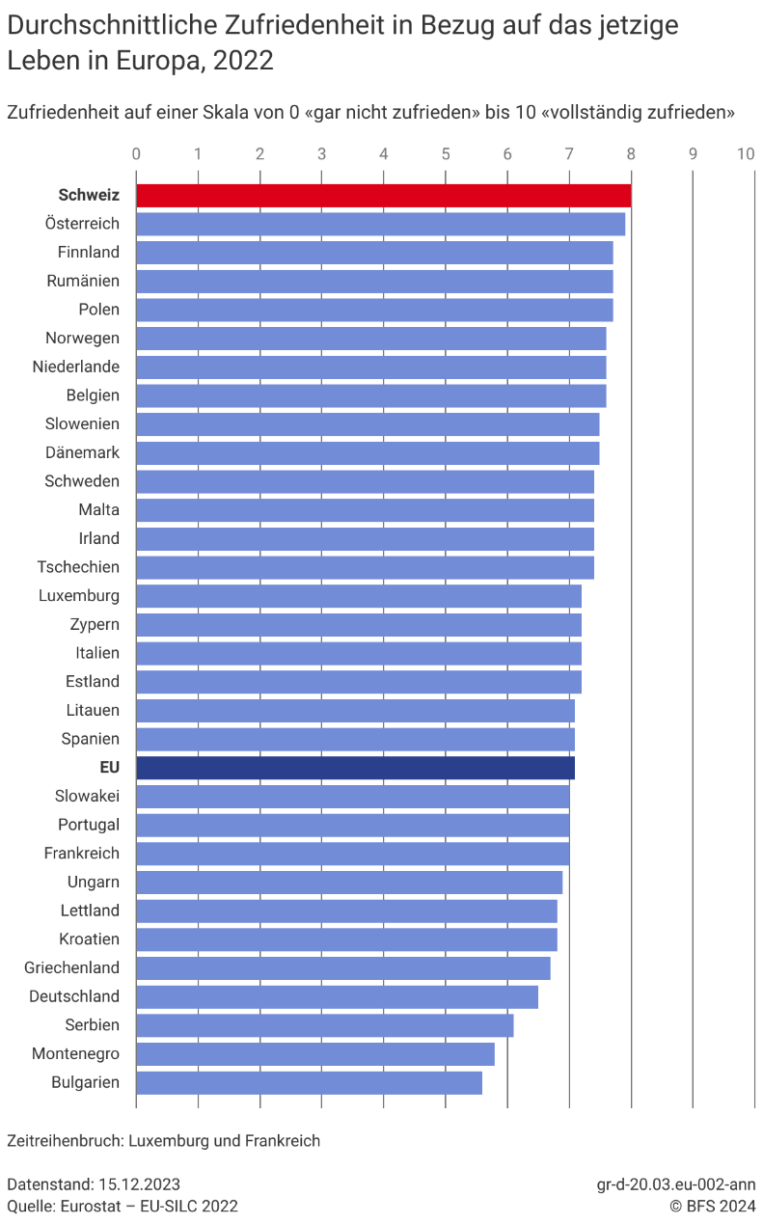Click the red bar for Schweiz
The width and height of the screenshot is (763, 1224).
(384, 196)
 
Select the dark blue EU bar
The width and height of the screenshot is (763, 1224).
(355, 768)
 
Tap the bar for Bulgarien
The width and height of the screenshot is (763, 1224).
(310, 1082)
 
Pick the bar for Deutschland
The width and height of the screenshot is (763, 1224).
(338, 996)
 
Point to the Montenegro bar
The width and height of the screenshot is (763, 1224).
(315, 1054)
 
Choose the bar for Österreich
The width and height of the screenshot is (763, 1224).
(381, 224)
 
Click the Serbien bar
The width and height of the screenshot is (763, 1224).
(325, 1025)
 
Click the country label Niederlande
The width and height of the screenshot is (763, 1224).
(76, 367)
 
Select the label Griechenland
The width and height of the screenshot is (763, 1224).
(71, 967)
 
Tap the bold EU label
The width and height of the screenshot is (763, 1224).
(109, 768)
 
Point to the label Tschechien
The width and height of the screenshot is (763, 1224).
(78, 567)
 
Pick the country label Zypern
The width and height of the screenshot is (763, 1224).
(95, 625)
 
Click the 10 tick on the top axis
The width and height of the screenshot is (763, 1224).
(746, 154)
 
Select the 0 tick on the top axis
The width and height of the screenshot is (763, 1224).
(136, 154)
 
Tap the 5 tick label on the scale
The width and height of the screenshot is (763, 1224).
(446, 154)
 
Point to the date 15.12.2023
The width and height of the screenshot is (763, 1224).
(139, 1184)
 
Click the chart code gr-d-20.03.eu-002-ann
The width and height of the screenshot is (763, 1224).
(676, 1184)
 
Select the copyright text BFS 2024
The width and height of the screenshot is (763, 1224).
(721, 1207)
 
